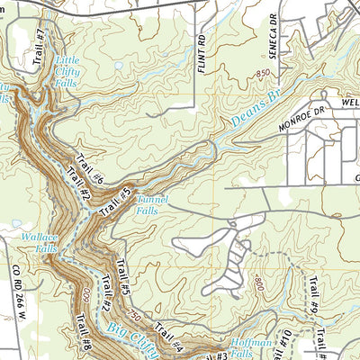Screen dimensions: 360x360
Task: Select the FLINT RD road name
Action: (203, 51)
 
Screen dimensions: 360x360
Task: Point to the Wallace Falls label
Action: (40, 242)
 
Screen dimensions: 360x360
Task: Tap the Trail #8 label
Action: (83, 328)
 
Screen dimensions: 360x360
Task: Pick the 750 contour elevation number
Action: (135, 317)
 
